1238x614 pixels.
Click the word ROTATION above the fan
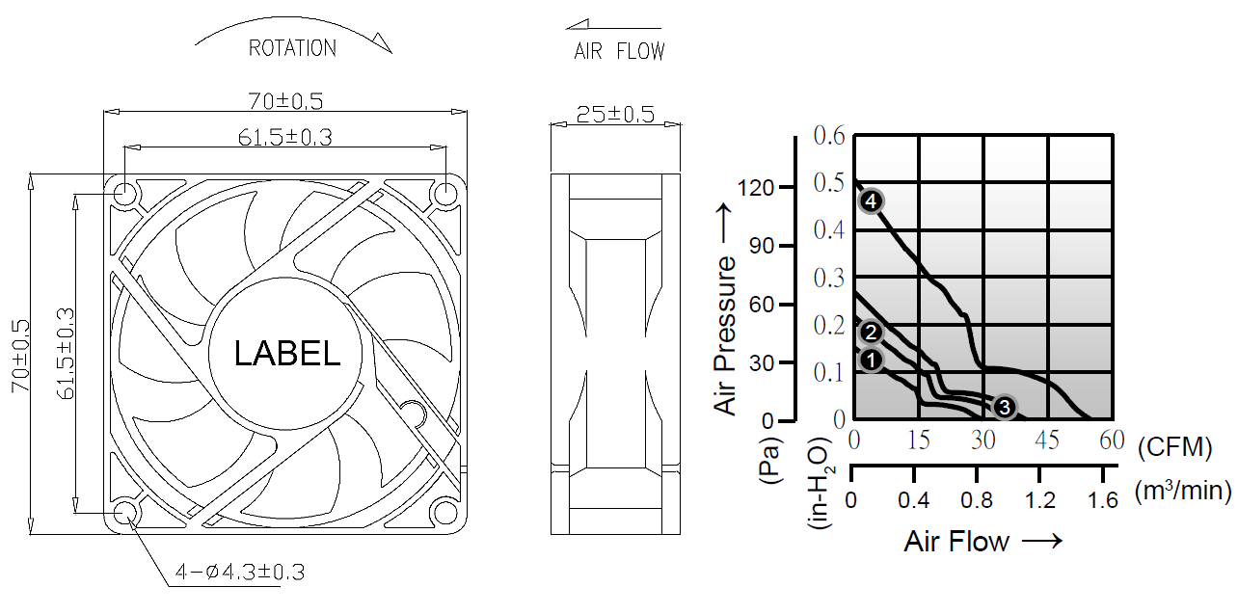pyautogui.click(x=292, y=48)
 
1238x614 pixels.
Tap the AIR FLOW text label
pyautogui.click(x=619, y=51)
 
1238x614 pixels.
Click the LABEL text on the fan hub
pyautogui.click(x=286, y=353)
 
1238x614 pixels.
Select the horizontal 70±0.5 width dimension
pyautogui.click(x=285, y=101)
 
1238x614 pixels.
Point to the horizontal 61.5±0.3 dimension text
pyautogui.click(x=285, y=137)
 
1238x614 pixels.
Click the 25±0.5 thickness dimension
pyautogui.click(x=615, y=115)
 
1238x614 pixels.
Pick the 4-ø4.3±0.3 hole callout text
pyautogui.click(x=240, y=572)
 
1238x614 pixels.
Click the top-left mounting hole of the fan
pyautogui.click(x=125, y=194)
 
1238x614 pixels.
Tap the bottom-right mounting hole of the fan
pyautogui.click(x=445, y=513)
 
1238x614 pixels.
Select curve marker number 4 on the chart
pyautogui.click(x=871, y=201)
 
